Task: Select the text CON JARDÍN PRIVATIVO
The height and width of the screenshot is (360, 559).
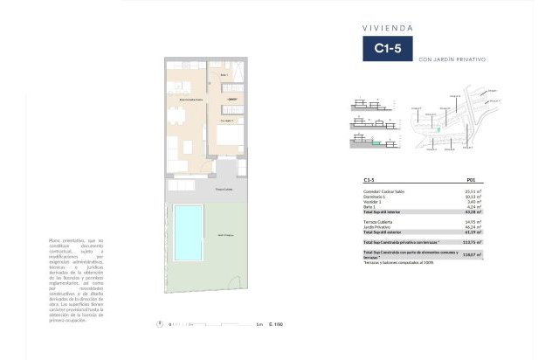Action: (x=452, y=59)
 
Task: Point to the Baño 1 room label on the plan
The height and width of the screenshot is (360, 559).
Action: (x=224, y=75)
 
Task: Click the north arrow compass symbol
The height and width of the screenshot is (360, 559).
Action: (x=159, y=324)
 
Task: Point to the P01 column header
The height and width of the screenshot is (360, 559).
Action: (x=473, y=179)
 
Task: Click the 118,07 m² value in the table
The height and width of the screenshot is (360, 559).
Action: (x=473, y=253)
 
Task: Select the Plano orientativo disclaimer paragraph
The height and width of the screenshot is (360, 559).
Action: (x=77, y=280)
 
